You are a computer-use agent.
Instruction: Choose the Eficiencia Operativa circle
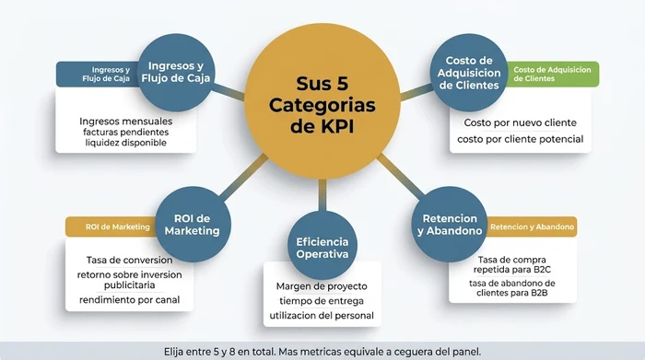322,247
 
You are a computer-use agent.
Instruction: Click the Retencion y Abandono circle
449,225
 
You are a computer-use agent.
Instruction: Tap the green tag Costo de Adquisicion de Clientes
550,74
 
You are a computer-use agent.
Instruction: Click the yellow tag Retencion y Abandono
532,226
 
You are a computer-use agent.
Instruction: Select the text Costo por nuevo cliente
520,122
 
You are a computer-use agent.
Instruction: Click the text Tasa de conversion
129,260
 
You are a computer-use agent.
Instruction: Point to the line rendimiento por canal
129,300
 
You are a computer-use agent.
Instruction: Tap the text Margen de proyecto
322,286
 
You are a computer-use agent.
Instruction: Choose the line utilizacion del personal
322,315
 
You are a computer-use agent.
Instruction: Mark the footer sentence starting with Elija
322,350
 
